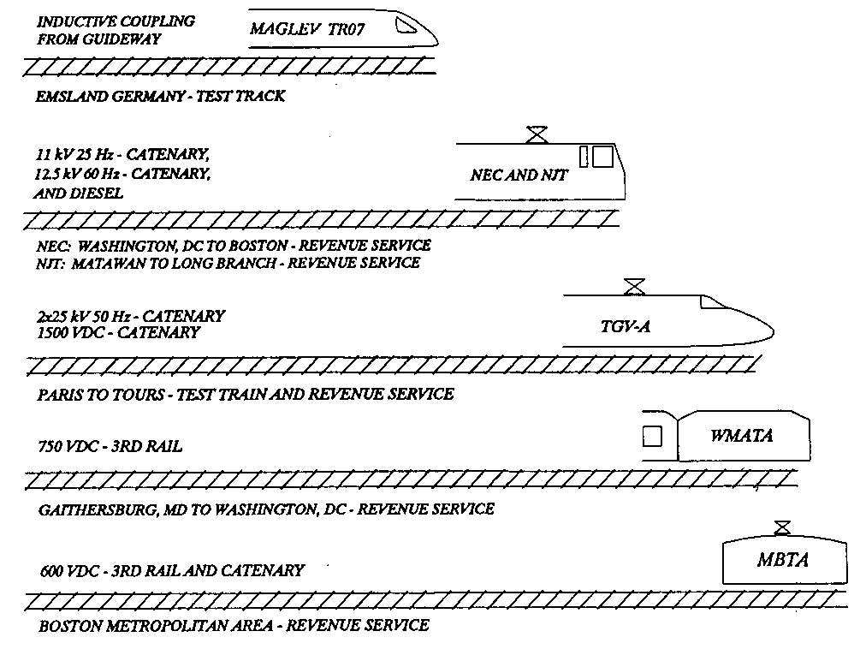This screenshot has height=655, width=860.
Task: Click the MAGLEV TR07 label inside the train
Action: point(307,28)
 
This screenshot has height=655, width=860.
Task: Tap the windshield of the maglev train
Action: point(406,25)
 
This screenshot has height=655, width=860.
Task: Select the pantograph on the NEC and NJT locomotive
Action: point(537,134)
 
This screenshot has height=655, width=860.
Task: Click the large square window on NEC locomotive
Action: point(603,157)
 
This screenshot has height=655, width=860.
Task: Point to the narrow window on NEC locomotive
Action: point(584,157)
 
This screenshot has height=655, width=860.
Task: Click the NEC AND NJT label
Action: point(519,175)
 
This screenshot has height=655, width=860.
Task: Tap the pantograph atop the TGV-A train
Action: point(635,286)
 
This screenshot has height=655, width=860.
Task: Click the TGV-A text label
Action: point(626,326)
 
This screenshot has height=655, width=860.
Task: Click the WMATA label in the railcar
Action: point(742,436)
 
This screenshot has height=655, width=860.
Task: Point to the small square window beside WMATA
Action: point(652,437)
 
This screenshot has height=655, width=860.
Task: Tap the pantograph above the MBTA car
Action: point(783,528)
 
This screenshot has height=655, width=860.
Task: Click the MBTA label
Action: point(783,560)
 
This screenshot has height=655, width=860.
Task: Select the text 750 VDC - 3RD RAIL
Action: point(110,446)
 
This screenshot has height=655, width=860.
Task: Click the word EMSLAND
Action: point(72,97)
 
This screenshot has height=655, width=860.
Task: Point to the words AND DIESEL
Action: point(79,194)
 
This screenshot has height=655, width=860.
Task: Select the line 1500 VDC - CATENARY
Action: point(118,332)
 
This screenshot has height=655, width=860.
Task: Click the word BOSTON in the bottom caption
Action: point(70,625)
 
